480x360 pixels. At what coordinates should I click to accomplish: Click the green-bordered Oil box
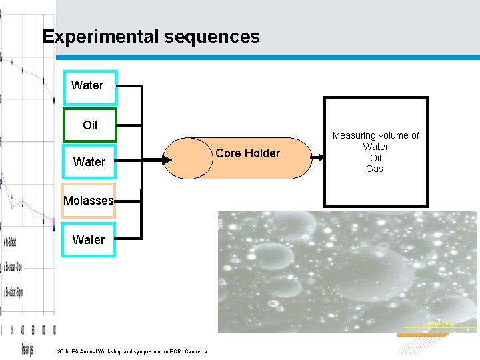89,125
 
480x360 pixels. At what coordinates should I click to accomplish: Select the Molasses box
89,201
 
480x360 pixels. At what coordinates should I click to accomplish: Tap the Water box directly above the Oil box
89,87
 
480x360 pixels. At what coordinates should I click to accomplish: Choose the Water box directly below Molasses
89,239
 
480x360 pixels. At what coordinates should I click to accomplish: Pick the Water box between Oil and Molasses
89,162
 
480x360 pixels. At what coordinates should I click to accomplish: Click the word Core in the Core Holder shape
228,153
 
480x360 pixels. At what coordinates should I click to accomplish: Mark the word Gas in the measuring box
375,169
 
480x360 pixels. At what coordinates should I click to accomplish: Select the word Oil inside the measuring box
375,158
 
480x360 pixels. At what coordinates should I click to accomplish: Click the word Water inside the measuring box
375,147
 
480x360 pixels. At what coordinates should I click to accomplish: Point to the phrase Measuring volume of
375,135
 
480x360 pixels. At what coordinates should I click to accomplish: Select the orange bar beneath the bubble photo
422,335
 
